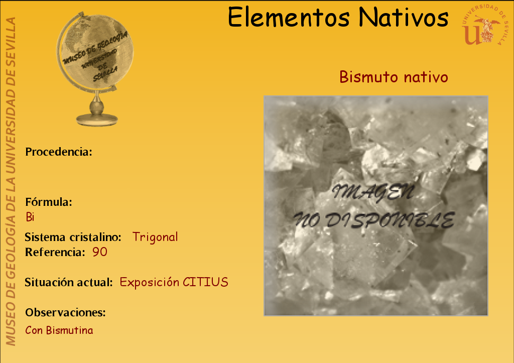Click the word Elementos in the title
pyautogui.click(x=289, y=18)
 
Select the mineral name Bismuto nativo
pyautogui.click(x=394, y=77)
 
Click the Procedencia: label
pyautogui.click(x=59, y=152)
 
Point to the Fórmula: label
pyautogui.click(x=49, y=202)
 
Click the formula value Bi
pyautogui.click(x=30, y=217)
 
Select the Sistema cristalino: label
pyautogui.click(x=73, y=237)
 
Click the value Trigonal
pyautogui.click(x=155, y=237)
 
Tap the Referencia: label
pyautogui.click(x=55, y=252)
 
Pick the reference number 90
pyautogui.click(x=100, y=252)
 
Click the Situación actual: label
pyautogui.click(x=69, y=282)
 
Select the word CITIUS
pyautogui.click(x=205, y=282)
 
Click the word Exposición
pyautogui.click(x=150, y=282)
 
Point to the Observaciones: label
pyautogui.click(x=66, y=312)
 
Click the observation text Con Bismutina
pyautogui.click(x=59, y=330)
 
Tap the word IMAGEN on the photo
pyautogui.click(x=373, y=192)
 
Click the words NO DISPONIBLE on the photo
pyautogui.click(x=373, y=220)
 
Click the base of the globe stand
pyautogui.click(x=97, y=119)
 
